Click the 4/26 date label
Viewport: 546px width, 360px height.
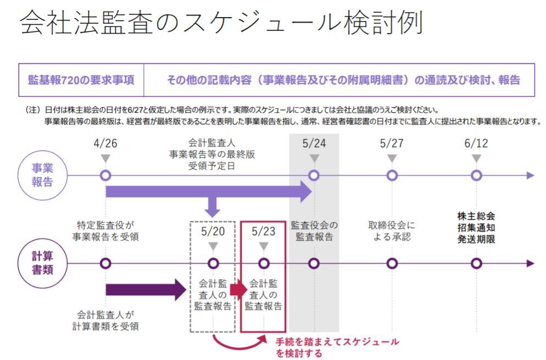[105, 144]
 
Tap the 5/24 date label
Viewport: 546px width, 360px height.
[314, 144]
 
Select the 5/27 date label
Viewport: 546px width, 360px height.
[392, 144]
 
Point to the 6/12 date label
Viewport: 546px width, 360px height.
[476, 144]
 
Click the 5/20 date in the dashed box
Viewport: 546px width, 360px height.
[214, 231]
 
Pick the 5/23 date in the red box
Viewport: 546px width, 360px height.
[263, 231]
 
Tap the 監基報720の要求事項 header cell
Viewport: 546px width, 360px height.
[81, 80]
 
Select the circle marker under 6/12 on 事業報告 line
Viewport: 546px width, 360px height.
[476, 176]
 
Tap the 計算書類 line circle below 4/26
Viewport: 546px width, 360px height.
[105, 263]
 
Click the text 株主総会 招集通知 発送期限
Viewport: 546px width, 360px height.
[476, 228]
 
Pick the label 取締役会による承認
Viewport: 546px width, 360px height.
[392, 231]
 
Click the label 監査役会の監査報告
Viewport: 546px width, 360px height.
[314, 231]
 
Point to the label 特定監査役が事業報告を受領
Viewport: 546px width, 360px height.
[105, 231]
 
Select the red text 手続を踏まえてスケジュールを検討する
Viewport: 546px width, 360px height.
[337, 347]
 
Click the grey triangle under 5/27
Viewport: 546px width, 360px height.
[392, 159]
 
